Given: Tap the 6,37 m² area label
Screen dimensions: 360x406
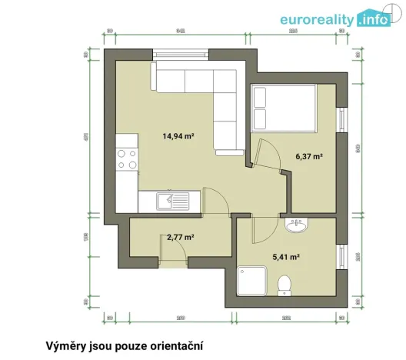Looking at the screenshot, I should (x=308, y=156).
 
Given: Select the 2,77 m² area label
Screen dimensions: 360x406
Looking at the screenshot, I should (x=180, y=238).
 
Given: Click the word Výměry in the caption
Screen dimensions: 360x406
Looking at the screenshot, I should (x=68, y=345).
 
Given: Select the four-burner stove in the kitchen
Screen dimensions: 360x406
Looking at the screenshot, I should (x=126, y=159).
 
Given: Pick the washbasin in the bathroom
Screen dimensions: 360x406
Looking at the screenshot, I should (x=295, y=225).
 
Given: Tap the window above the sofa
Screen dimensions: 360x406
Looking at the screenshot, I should (x=181, y=53).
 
